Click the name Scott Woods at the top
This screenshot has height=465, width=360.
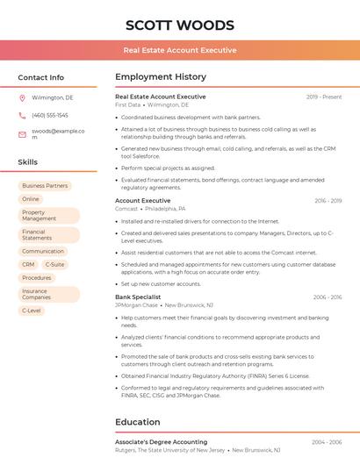pyautogui.click(x=180, y=25)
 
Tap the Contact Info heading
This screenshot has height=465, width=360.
pyautogui.click(x=40, y=77)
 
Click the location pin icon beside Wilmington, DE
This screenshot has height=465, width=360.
pyautogui.click(x=22, y=97)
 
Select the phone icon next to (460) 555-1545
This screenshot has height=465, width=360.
pyautogui.click(x=22, y=115)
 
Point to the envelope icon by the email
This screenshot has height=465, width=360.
pyautogui.click(x=22, y=134)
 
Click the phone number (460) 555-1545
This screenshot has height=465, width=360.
pyautogui.click(x=50, y=115)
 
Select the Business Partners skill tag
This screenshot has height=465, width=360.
pyautogui.click(x=45, y=186)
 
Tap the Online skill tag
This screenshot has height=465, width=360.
pyautogui.click(x=31, y=199)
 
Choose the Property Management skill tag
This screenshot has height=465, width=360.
pyautogui.click(x=39, y=216)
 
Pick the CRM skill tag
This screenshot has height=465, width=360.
pyautogui.click(x=28, y=264)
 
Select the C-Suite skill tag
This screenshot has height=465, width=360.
pyautogui.click(x=54, y=264)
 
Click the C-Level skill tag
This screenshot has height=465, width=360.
pyautogui.click(x=32, y=311)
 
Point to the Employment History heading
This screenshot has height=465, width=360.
pyautogui.click(x=160, y=77)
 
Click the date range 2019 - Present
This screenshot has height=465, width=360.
pyautogui.click(x=324, y=97)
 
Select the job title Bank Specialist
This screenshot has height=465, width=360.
pyautogui.click(x=138, y=297)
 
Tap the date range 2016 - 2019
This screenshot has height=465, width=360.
pyautogui.click(x=328, y=201)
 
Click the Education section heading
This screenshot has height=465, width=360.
pyautogui.click(x=137, y=422)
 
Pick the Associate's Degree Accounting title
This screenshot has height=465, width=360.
pyautogui.click(x=162, y=442)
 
